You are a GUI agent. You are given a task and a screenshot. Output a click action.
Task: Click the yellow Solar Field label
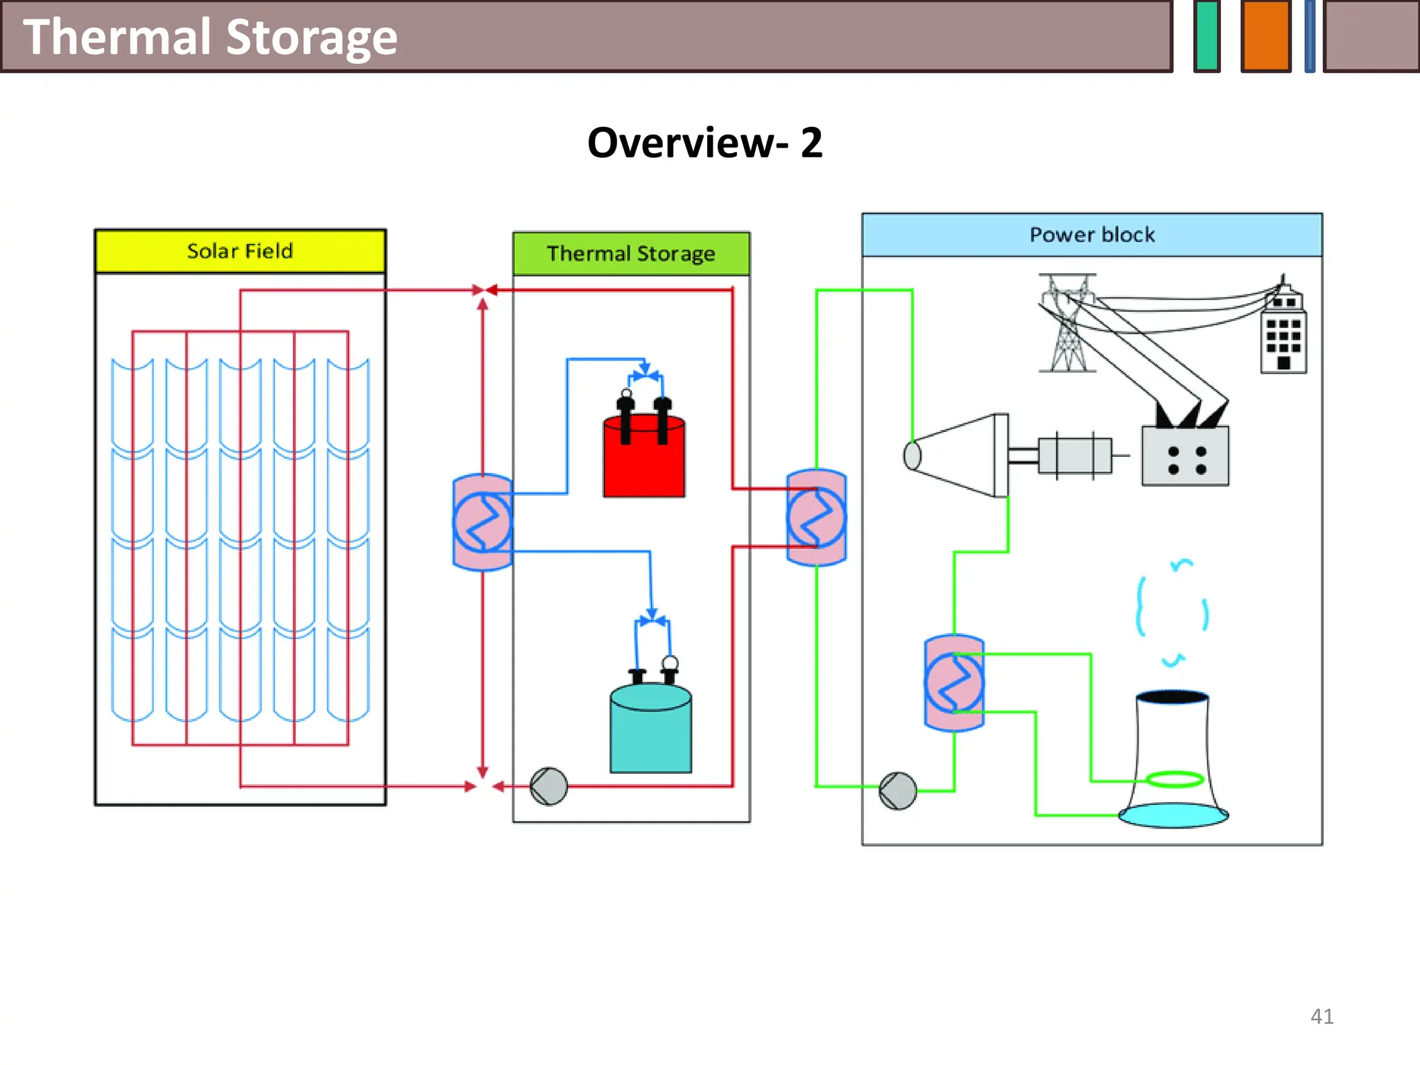point(240,251)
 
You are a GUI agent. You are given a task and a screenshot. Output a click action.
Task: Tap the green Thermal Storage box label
point(630,254)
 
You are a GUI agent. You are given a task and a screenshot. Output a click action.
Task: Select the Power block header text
point(1092,235)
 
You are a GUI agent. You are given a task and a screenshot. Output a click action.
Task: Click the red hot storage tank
point(644,458)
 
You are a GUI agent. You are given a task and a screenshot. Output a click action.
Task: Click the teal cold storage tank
point(650,731)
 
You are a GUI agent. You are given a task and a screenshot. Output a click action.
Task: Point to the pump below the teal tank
point(548,786)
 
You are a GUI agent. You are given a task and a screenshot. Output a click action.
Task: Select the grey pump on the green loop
point(897,790)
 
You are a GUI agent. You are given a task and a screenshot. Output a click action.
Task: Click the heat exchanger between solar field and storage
point(483,522)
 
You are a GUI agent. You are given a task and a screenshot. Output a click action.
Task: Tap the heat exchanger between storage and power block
point(816,518)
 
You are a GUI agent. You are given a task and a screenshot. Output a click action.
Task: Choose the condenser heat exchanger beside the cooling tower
point(954,683)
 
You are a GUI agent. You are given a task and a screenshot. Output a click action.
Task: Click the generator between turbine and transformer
point(1074,456)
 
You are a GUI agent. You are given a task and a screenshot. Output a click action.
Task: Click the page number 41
point(1322,1016)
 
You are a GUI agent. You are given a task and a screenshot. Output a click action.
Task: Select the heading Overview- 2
point(704,143)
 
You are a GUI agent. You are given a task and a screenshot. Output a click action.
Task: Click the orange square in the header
point(1265,35)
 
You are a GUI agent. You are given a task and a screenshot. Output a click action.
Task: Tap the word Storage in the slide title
point(311,37)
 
